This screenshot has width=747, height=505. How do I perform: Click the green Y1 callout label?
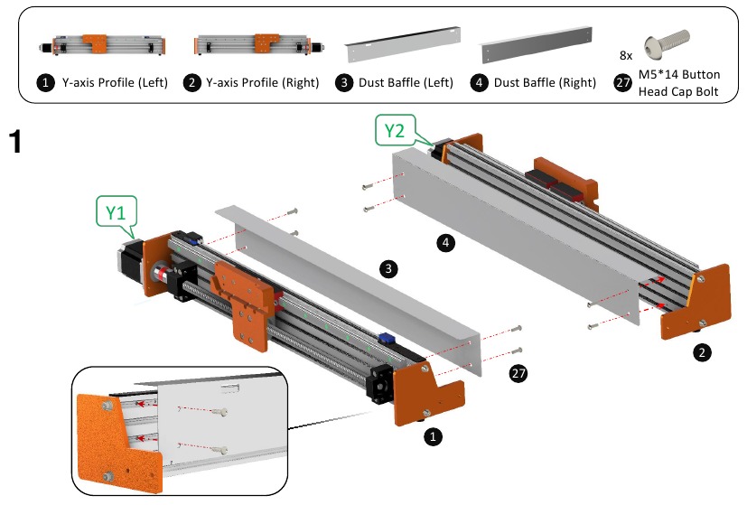[115, 213]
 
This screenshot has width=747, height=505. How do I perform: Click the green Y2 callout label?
[395, 131]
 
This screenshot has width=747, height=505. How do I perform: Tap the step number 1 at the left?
[15, 142]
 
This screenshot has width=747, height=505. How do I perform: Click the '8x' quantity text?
[626, 54]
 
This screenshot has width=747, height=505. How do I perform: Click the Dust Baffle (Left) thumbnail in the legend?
[398, 42]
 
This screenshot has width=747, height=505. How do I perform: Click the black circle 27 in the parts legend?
[622, 83]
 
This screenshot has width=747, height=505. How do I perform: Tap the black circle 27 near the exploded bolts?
[518, 372]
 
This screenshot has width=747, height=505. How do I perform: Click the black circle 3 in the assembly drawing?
[387, 268]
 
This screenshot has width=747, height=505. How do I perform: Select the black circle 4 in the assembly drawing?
[444, 241]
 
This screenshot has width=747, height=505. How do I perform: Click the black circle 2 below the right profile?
[701, 352]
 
